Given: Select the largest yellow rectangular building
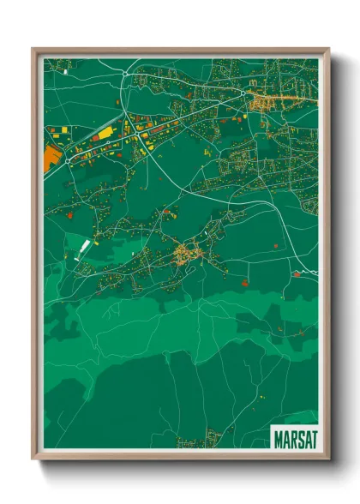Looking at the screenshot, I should (x=103, y=135).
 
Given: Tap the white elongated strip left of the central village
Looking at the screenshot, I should (x=84, y=249).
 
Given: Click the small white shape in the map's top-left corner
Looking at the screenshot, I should (x=66, y=61).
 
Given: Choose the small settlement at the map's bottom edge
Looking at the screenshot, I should (x=191, y=443).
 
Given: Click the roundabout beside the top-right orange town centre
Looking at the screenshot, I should (x=244, y=93).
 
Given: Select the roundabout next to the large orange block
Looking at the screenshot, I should (x=65, y=156).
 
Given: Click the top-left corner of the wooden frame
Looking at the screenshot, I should (x=33, y=49).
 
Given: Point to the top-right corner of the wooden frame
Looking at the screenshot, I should (x=329, y=49).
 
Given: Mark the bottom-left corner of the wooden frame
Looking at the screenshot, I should (x=33, y=460).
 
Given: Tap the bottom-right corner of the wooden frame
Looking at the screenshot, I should (x=329, y=460).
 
